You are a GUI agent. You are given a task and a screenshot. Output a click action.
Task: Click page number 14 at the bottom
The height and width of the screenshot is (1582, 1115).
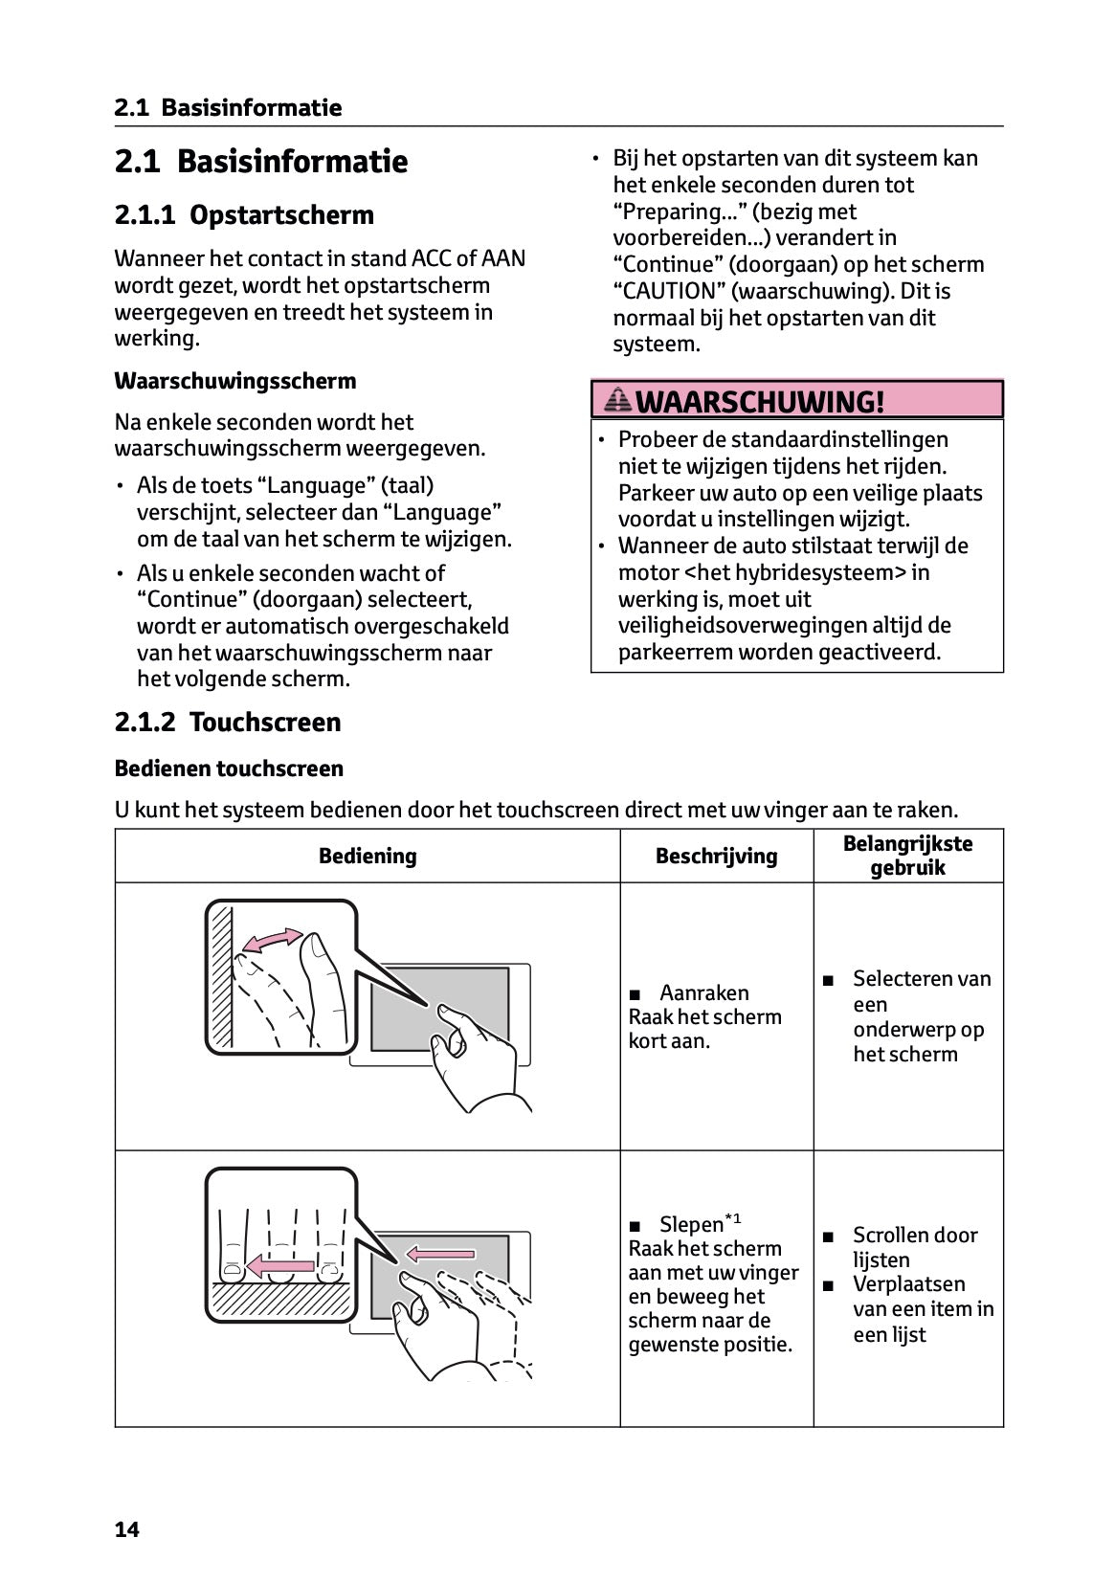[x=126, y=1529]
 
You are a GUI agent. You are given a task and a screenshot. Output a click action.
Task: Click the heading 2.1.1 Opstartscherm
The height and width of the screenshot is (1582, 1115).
[x=244, y=214]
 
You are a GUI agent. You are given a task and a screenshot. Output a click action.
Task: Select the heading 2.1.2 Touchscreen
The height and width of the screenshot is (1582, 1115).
[x=228, y=722]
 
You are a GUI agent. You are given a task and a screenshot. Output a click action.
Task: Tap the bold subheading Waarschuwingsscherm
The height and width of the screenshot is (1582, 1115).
[x=234, y=381]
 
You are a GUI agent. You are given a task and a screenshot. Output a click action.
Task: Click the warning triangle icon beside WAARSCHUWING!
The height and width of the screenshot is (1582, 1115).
[x=618, y=400]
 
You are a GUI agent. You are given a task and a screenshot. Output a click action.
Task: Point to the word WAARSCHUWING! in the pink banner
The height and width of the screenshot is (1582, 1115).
[x=760, y=401]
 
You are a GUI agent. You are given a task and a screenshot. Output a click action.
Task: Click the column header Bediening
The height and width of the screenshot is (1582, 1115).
[x=368, y=856]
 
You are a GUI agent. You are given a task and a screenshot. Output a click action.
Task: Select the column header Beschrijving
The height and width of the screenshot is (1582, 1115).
[x=716, y=856]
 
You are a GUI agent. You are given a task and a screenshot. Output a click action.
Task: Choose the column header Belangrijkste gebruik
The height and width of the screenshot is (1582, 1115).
[x=907, y=856]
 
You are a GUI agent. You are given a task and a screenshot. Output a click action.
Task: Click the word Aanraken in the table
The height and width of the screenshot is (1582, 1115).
[x=703, y=992]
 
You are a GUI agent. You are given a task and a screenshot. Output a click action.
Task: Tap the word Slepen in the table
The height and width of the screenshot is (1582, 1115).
[x=691, y=1224]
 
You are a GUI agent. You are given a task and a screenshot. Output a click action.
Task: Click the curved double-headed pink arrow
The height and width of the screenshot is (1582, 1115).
[x=271, y=940]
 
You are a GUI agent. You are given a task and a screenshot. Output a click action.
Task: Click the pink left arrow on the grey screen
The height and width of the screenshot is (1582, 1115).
[x=440, y=1253]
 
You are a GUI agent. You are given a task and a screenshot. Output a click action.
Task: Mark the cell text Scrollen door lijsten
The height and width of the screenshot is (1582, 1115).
[x=914, y=1247]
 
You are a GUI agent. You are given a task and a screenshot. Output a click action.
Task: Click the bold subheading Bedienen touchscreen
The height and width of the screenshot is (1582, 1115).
[x=229, y=769]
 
